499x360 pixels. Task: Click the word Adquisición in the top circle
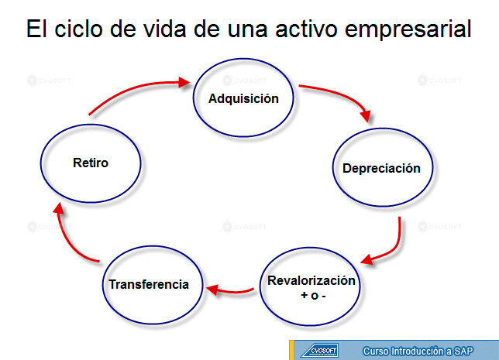pos(243,98)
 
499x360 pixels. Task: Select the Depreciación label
pos(381,169)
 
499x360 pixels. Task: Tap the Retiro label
pos(91,163)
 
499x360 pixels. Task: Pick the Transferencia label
pos(149,284)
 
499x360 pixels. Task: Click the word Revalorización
pos(311,280)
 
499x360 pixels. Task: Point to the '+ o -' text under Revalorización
pos(313,296)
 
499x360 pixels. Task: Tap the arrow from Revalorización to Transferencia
pos(231,291)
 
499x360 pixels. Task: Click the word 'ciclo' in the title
pos(78,29)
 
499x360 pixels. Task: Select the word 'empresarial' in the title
pos(408,29)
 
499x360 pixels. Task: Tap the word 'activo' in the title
pos(306,29)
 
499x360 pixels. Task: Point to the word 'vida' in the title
pos(164,29)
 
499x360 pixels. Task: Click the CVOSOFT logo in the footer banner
pos(319,351)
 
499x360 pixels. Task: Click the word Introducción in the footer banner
pos(418,351)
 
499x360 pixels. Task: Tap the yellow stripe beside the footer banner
pos(291,350)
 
